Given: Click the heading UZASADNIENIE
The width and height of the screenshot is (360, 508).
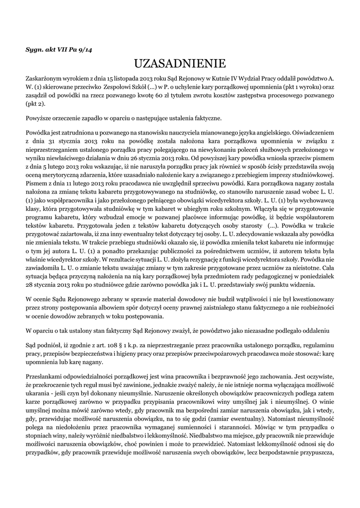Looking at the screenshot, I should point(180,63).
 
